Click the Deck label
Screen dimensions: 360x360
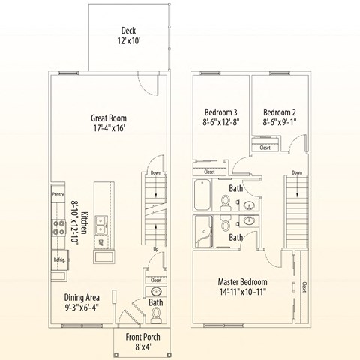pos(127,31)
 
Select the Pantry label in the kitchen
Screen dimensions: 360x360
pos(58,193)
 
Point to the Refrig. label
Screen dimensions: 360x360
pos(59,259)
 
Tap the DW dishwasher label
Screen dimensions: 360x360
pos(100,243)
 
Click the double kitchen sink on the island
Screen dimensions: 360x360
pos(101,222)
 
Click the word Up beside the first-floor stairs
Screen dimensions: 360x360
pos(155,248)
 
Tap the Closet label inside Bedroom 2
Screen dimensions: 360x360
pos(265,148)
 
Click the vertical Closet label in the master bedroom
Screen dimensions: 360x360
pos(303,286)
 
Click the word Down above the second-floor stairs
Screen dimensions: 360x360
pos(297,172)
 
